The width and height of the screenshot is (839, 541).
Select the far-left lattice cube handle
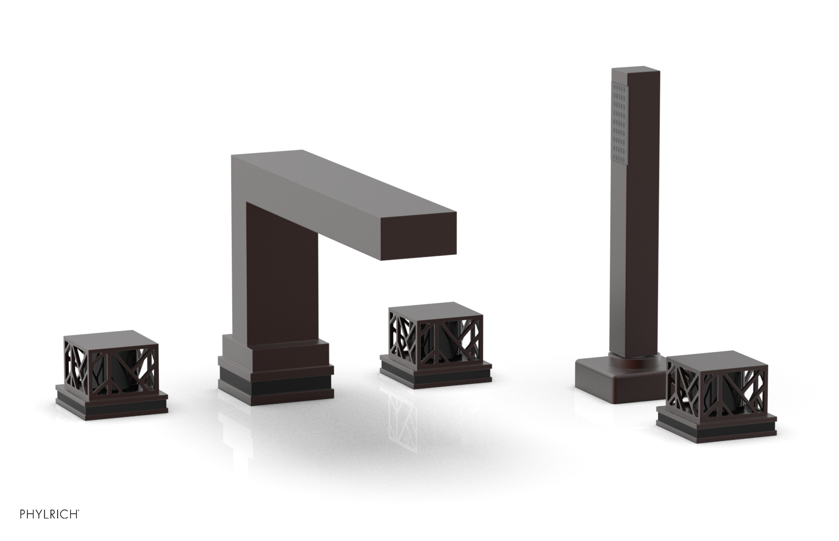point(111,362)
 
